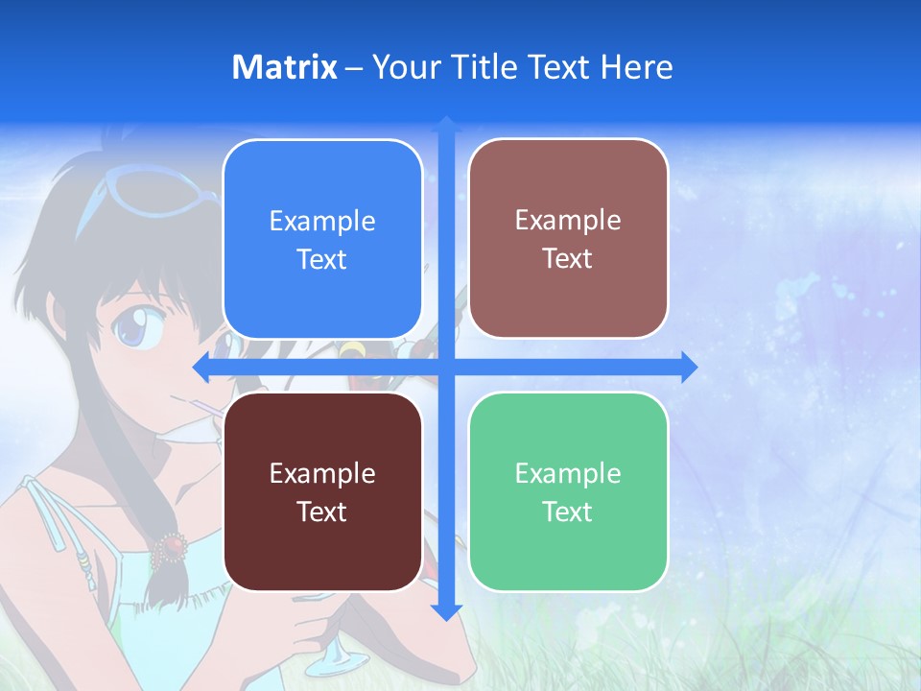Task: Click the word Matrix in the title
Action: (x=285, y=67)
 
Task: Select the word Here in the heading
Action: (x=636, y=67)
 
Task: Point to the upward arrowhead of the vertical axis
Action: (x=446, y=125)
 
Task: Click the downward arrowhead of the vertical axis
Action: (x=446, y=611)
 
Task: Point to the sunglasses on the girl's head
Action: (x=153, y=192)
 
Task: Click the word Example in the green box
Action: (x=568, y=473)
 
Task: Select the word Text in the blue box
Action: (x=322, y=259)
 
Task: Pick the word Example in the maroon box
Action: (x=322, y=473)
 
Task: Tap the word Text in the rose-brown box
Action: (x=568, y=258)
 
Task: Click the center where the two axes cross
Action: (x=446, y=367)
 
